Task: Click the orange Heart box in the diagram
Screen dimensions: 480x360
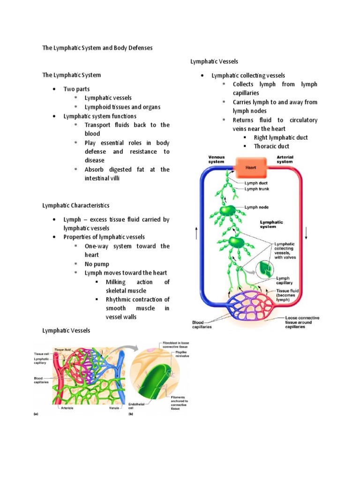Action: click(250, 167)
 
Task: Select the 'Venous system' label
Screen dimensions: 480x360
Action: click(216, 159)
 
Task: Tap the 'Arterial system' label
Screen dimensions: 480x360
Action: click(285, 159)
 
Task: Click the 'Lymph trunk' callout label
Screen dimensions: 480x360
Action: click(257, 189)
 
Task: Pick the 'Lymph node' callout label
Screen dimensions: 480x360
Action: click(256, 206)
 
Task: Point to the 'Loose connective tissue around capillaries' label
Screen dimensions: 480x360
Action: click(302, 322)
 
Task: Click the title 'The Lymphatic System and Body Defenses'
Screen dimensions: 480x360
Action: click(97, 48)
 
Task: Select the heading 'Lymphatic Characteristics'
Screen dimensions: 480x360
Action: click(76, 205)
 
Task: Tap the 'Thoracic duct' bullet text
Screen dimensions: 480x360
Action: click(271, 146)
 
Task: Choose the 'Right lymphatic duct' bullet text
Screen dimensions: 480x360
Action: click(281, 137)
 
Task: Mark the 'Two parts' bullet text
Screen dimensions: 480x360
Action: click(76, 89)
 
